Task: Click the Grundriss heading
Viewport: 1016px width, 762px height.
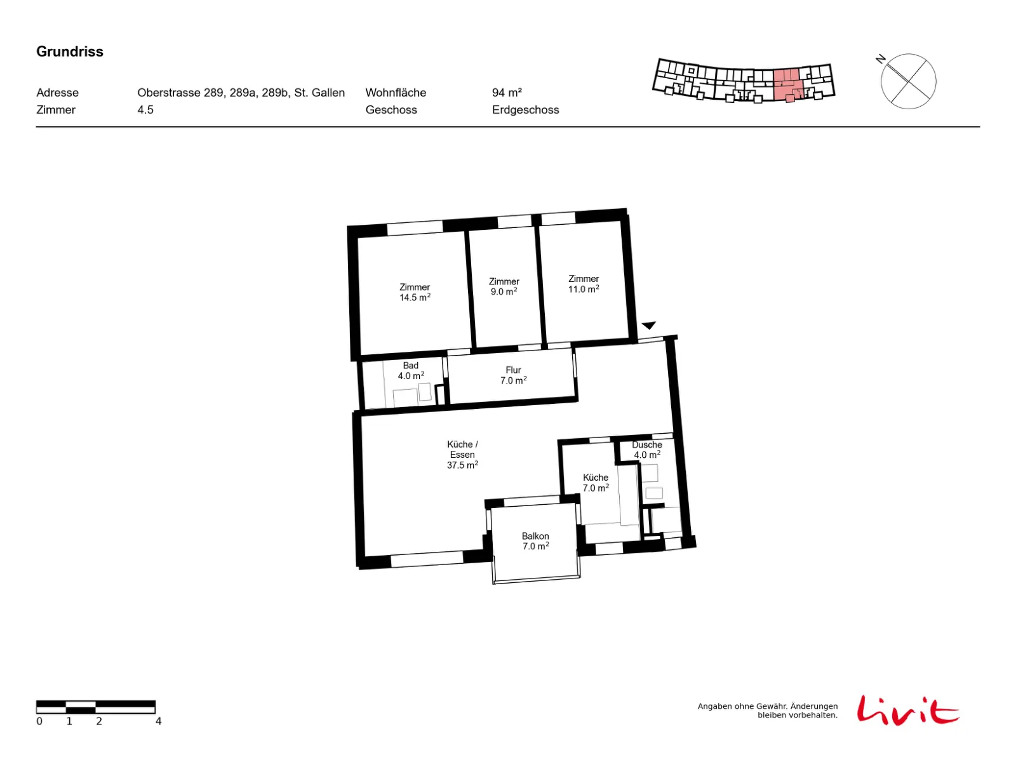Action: tap(69, 51)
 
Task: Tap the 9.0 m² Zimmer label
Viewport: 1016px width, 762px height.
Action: tap(504, 287)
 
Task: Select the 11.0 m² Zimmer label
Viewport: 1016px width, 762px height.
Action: tap(583, 284)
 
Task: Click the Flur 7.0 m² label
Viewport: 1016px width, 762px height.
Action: tap(513, 375)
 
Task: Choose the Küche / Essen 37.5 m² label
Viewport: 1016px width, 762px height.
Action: tap(462, 454)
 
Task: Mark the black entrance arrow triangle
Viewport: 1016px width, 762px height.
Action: tap(648, 325)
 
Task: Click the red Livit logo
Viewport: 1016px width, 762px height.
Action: tap(907, 710)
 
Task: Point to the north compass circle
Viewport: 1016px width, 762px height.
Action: tap(907, 81)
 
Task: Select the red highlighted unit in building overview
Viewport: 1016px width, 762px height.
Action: tap(788, 86)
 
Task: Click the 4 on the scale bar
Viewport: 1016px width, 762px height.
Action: tap(158, 721)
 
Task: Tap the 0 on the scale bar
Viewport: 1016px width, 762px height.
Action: tap(39, 721)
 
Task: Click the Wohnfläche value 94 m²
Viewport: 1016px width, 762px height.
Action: tap(507, 93)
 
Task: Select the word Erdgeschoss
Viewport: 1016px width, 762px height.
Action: tap(525, 110)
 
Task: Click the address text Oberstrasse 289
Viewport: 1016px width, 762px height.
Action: tap(180, 93)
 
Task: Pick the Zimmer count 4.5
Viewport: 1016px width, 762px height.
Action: tap(145, 110)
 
